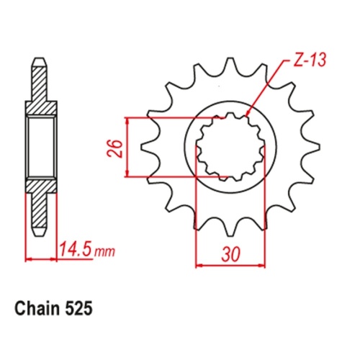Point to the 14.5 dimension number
point(80,252)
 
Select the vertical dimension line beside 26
point(128,146)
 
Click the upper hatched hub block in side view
point(41,108)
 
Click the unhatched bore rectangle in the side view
point(41,147)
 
